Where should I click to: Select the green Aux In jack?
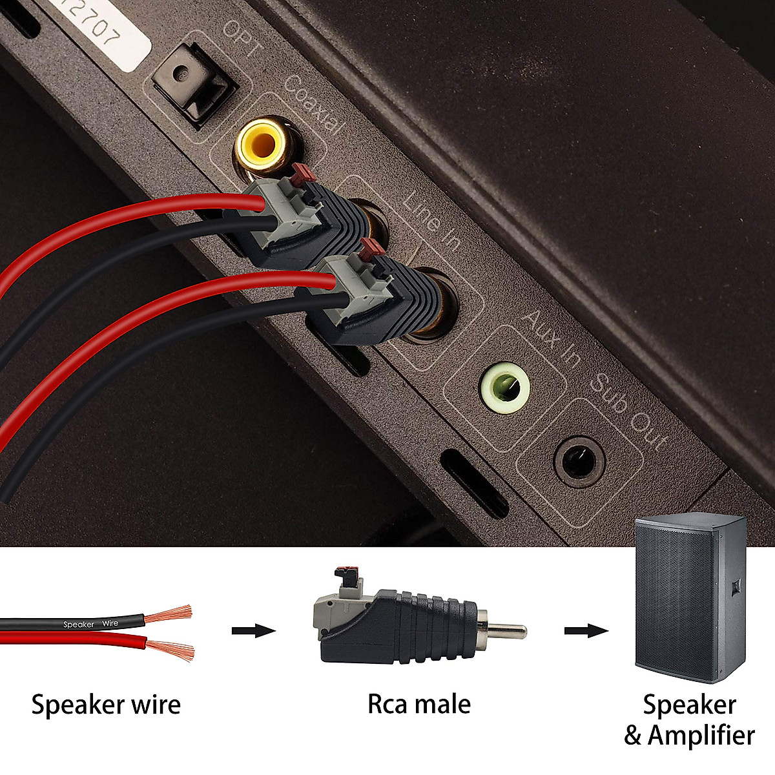pos(505,387)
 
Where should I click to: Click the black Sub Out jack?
pos(579,460)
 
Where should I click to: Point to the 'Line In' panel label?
pos(432,222)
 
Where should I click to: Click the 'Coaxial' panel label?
pos(313,103)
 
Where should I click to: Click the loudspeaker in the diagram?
pos(690,597)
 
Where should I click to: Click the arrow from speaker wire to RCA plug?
pos(253,630)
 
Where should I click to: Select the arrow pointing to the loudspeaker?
pos(586,630)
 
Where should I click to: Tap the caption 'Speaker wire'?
pos(106,705)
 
